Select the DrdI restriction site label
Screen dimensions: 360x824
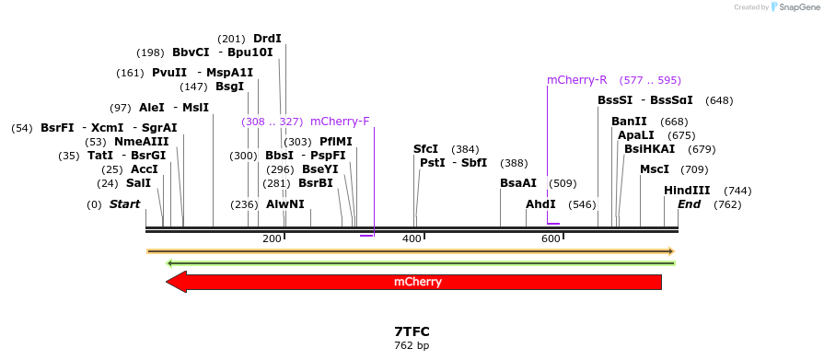pos(267,39)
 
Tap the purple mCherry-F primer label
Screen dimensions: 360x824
pos(340,122)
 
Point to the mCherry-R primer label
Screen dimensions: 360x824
pos(577,80)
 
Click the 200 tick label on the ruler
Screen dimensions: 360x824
pos(272,239)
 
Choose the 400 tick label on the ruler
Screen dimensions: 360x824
pos(412,239)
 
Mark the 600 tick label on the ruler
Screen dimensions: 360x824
pos(551,239)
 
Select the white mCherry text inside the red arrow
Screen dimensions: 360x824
pos(417,282)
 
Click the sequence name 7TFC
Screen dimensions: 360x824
pos(412,331)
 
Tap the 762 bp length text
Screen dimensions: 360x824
pos(412,346)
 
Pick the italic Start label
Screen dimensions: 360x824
pos(124,204)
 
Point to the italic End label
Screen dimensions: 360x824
pos(690,204)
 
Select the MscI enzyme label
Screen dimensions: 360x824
pos(655,169)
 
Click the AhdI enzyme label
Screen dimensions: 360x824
pos(540,204)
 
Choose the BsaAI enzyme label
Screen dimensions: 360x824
pos(518,183)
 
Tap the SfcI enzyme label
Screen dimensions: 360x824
pos(426,149)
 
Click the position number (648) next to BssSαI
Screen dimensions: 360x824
pos(719,100)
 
